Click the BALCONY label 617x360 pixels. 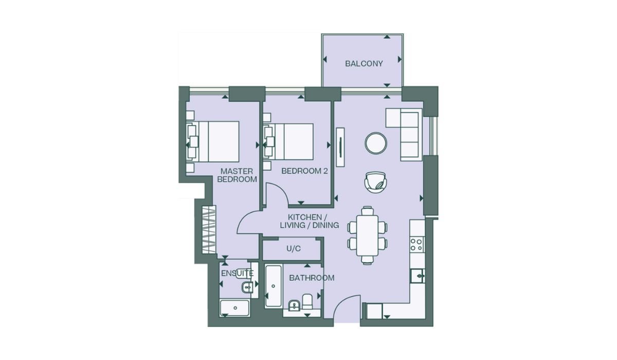[364, 64]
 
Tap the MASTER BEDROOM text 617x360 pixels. [237, 175]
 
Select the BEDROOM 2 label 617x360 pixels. [304, 171]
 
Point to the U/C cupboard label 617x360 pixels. [294, 249]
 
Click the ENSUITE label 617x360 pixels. [237, 273]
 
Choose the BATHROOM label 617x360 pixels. [312, 278]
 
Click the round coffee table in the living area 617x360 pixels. [376, 143]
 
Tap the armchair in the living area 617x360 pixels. [375, 182]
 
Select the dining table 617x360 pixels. [367, 236]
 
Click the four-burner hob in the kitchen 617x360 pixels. [416, 245]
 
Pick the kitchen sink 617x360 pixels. [418, 276]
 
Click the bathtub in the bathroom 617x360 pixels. [273, 286]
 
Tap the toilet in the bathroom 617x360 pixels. [307, 301]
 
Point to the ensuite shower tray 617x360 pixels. [235, 308]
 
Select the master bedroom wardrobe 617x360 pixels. [209, 230]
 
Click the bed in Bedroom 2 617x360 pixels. [288, 141]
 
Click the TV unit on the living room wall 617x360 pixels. [340, 147]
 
